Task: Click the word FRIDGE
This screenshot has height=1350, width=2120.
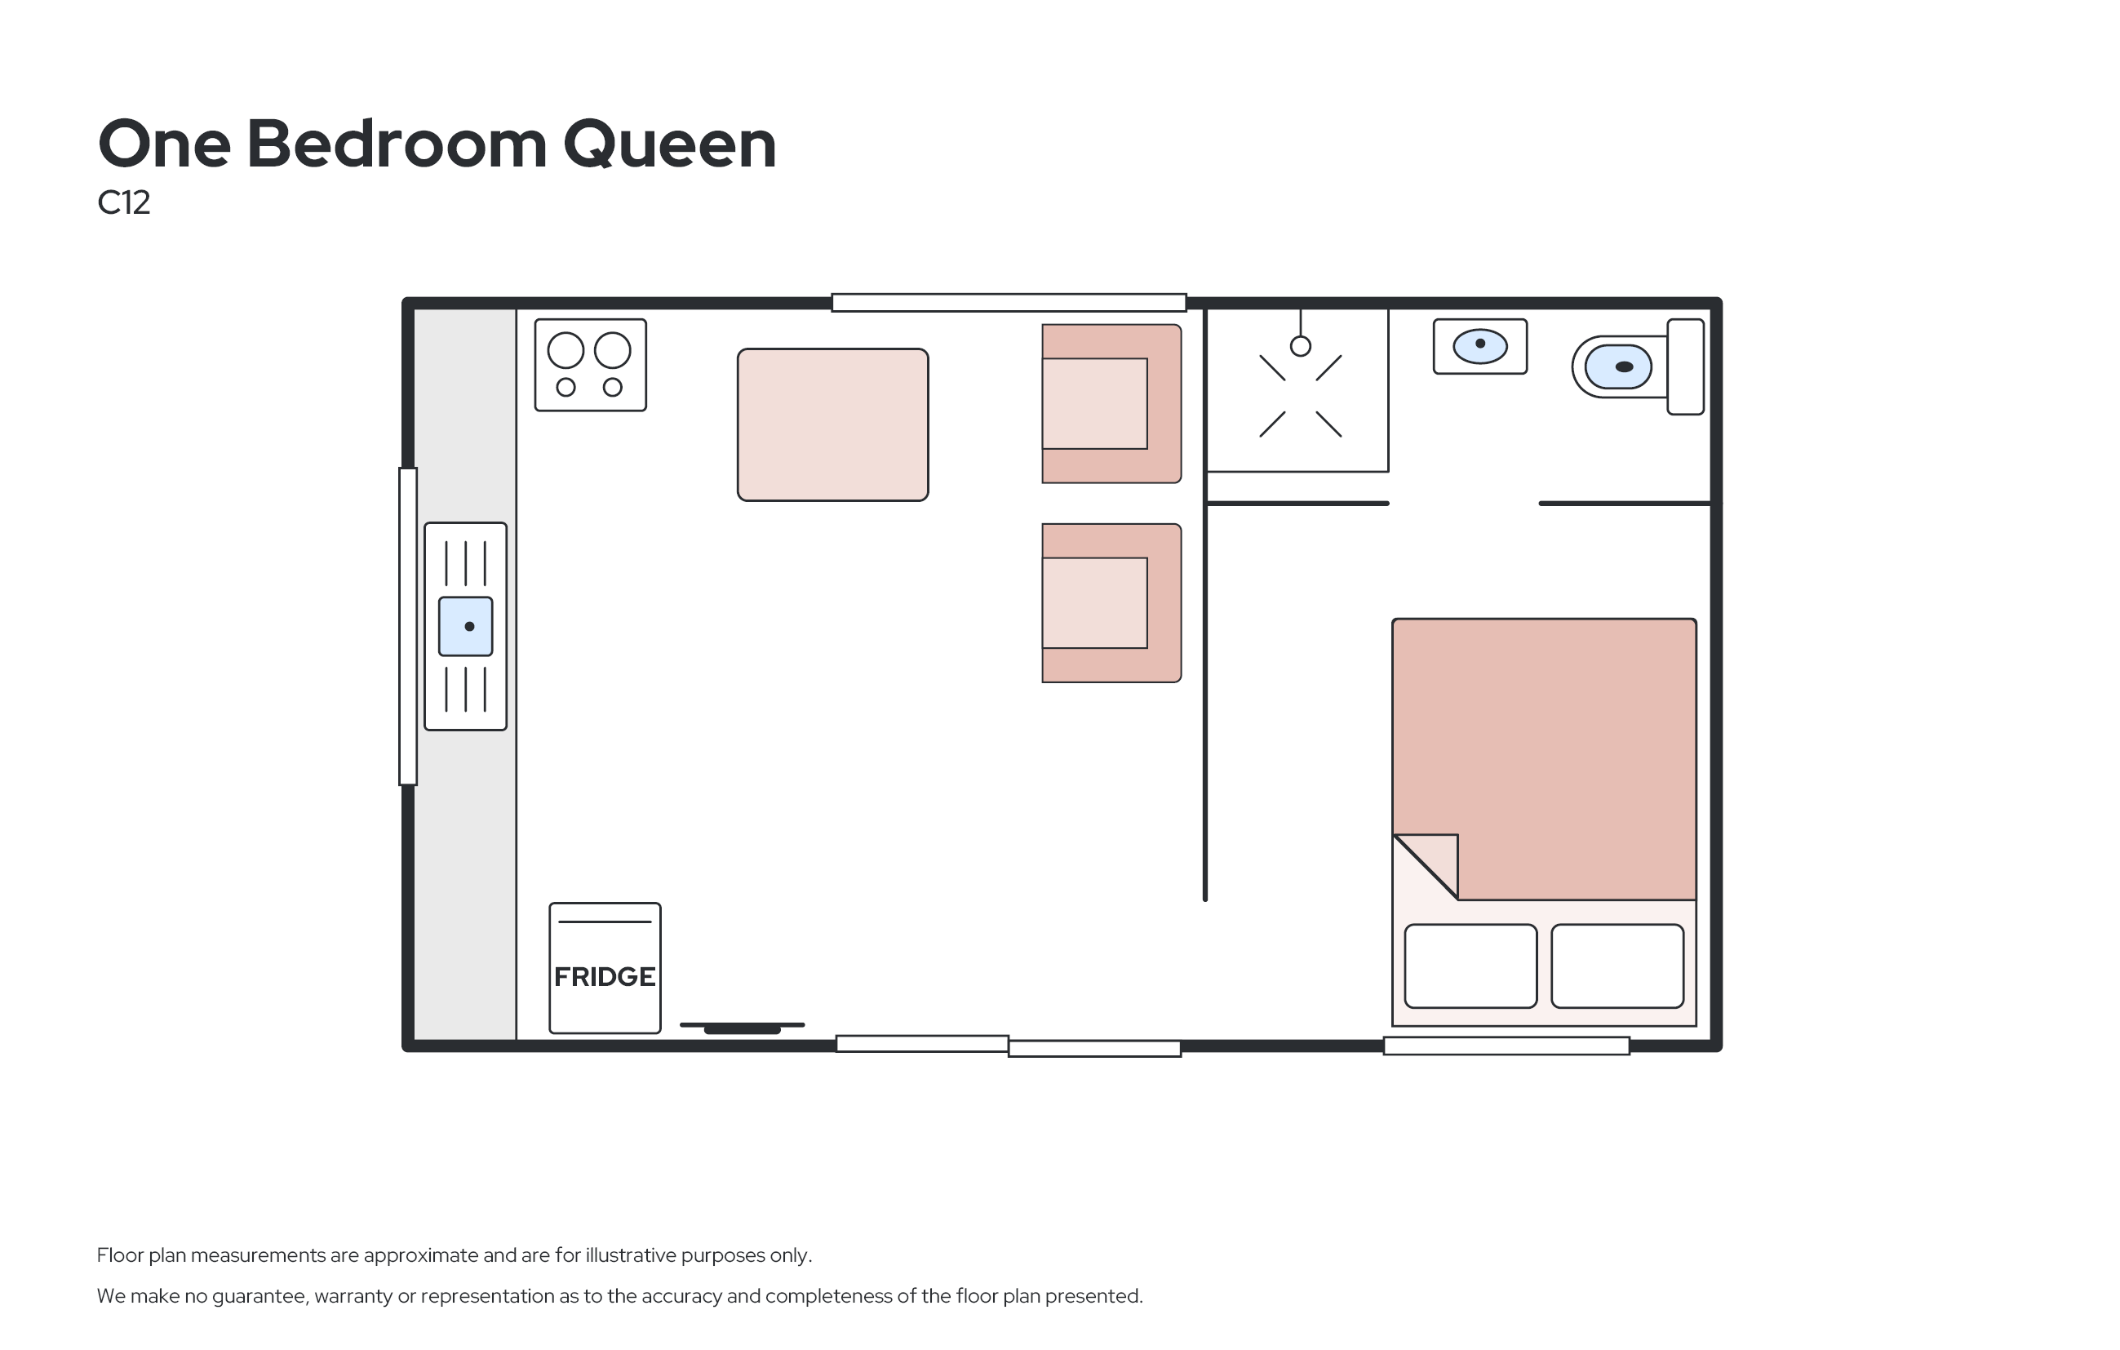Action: (604, 977)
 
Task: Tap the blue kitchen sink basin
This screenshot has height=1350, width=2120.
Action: (466, 626)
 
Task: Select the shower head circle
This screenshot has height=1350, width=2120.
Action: (1301, 346)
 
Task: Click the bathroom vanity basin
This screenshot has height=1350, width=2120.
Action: (1480, 346)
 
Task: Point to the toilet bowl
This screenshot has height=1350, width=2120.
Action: (1618, 367)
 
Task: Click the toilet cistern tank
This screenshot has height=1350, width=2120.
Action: (1685, 366)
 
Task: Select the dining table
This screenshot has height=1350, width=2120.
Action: (833, 424)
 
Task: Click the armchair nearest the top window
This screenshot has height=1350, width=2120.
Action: (1111, 403)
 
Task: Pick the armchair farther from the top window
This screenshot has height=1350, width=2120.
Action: (1111, 603)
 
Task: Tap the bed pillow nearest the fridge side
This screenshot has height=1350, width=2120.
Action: (1470, 966)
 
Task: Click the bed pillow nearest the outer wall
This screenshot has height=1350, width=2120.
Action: (1617, 966)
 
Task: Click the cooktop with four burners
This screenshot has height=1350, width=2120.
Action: (591, 365)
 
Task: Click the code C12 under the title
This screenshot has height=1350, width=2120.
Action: (124, 202)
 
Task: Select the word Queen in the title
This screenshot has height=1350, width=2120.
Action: (669, 145)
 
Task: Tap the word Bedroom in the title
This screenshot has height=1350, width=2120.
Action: (397, 144)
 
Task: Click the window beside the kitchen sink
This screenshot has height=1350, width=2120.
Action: (408, 626)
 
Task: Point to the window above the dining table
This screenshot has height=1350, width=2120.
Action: (1009, 303)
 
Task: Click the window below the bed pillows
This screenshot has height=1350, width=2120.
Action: (1506, 1046)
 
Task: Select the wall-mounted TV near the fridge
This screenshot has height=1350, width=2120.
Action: (743, 1028)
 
